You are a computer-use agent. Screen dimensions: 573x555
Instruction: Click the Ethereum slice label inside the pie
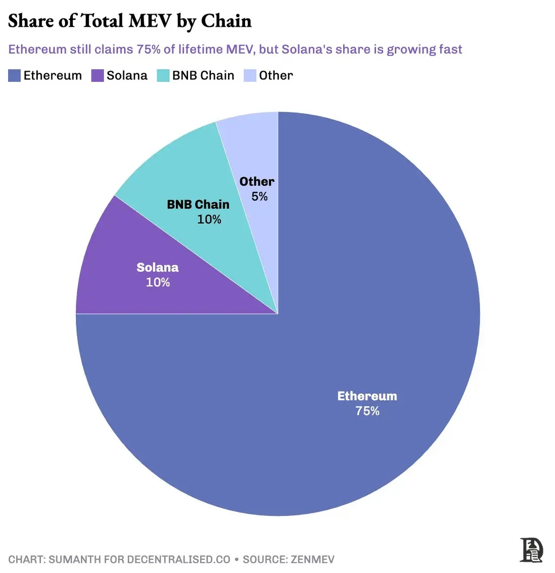[367, 396]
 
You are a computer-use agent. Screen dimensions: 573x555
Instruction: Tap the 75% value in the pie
[367, 411]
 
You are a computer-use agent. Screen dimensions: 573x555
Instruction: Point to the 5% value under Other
[259, 196]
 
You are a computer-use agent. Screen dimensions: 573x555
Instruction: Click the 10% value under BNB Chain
[209, 219]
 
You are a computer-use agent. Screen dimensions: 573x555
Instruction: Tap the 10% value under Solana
[158, 282]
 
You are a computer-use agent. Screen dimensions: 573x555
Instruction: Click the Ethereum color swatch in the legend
[14, 76]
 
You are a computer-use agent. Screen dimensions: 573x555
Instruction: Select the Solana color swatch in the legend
[97, 76]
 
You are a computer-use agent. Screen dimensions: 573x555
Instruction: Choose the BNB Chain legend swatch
[163, 76]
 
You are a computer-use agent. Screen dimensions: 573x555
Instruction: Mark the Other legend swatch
[250, 76]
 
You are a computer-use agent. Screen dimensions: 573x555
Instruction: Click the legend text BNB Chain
[203, 76]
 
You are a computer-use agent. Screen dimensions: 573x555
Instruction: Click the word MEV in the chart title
[150, 21]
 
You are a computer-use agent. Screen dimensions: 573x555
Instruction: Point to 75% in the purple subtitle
[149, 50]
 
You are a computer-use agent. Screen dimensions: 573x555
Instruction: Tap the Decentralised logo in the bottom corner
[531, 550]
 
